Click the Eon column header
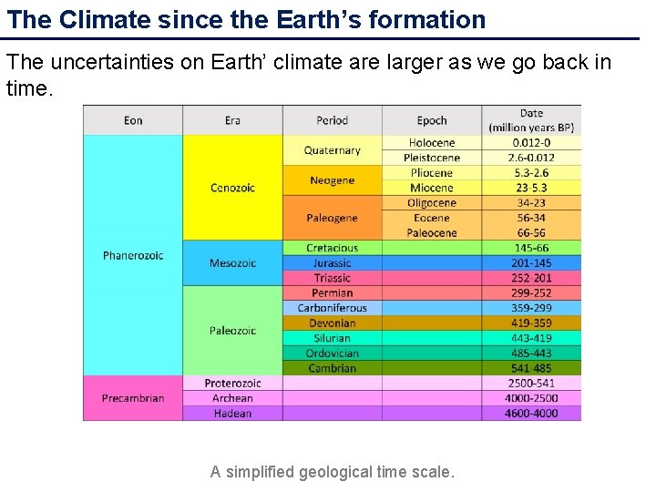click(133, 120)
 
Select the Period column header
click(332, 120)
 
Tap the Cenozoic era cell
click(232, 188)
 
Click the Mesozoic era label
click(232, 263)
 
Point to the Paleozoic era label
click(232, 331)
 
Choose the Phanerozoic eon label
click(133, 255)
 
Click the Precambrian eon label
click(133, 398)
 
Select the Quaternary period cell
click(332, 150)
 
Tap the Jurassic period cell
click(332, 263)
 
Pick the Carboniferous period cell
click(332, 308)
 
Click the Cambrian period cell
click(332, 368)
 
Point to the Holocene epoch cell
click(432, 143)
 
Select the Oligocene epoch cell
click(432, 203)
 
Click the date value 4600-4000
click(530, 414)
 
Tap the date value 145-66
click(530, 248)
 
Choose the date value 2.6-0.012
click(530, 158)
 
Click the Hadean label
click(232, 414)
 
